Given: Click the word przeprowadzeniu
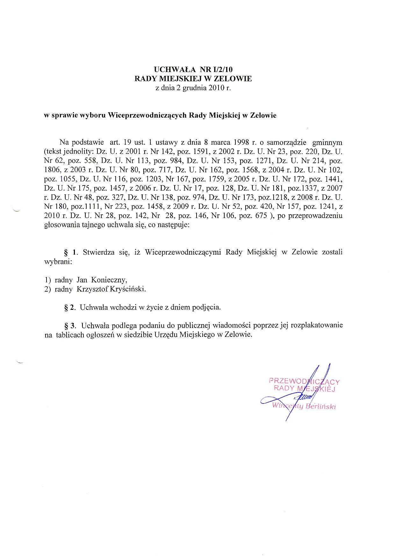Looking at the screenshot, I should pos(315,216).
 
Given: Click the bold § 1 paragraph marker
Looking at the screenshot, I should pos(70,252).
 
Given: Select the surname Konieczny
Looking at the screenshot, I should pos(109,280).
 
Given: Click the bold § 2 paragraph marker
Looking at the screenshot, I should pos(70,308).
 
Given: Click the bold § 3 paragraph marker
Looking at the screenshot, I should pos(70,326).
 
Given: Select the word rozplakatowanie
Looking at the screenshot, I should pos(317,326).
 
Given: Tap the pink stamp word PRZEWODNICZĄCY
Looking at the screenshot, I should pos(304,381).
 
